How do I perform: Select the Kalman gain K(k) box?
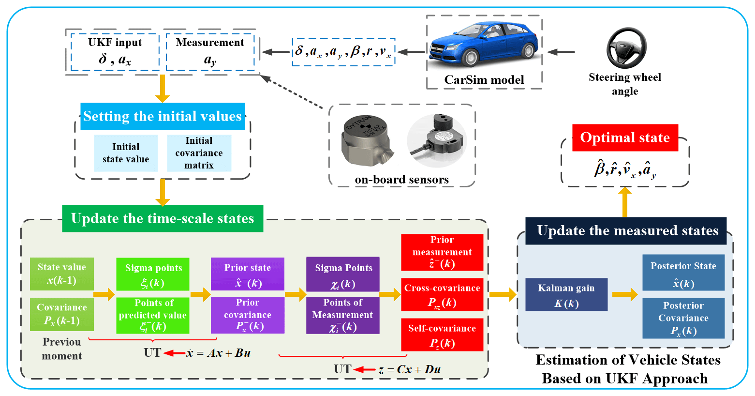(566, 295)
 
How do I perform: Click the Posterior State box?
(683, 273)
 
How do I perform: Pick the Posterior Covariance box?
(683, 318)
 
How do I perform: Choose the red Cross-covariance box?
(442, 294)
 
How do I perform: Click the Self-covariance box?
(442, 335)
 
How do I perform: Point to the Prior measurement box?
(442, 252)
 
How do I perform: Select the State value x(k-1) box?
(62, 274)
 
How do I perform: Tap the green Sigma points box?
(153, 274)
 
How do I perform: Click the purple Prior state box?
(247, 274)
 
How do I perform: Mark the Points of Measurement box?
(342, 315)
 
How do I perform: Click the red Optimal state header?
(625, 138)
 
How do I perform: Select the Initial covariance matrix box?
(199, 153)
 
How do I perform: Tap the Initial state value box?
(126, 153)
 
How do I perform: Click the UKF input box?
(115, 52)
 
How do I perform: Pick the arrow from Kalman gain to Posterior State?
(625, 294)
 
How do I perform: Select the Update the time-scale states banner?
(163, 218)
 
